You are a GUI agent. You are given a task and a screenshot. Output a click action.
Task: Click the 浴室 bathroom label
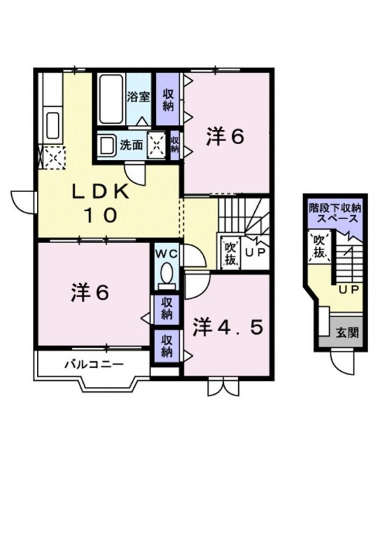click(x=138, y=96)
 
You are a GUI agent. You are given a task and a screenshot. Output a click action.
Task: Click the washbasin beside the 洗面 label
click(x=107, y=145)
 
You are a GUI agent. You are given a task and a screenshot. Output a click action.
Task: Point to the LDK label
click(x=101, y=193)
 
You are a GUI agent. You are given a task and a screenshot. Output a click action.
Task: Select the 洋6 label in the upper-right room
click(x=224, y=137)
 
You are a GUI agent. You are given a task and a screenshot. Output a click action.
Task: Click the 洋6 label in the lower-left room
click(x=89, y=293)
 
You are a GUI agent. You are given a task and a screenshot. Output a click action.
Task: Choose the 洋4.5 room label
click(x=228, y=326)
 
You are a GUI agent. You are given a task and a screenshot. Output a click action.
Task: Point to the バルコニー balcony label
click(x=94, y=363)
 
